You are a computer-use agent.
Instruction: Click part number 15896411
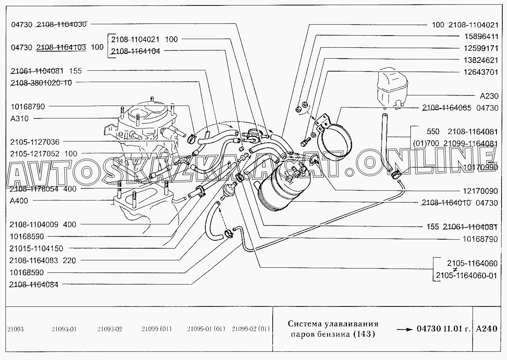click(x=481, y=36)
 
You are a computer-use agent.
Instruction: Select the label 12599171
click(x=481, y=48)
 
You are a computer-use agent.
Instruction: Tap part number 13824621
click(x=481, y=60)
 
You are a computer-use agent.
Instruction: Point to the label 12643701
click(x=481, y=72)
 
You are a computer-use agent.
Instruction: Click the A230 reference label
click(x=489, y=96)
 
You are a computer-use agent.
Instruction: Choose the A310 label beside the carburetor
click(x=20, y=118)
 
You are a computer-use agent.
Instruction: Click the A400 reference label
click(x=19, y=201)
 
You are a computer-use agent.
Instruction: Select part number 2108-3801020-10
click(x=41, y=83)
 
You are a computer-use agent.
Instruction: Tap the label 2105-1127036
click(x=35, y=142)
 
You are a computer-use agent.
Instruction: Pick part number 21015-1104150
click(x=36, y=249)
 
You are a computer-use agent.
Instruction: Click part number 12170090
click(x=480, y=191)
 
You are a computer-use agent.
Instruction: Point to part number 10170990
click(x=480, y=167)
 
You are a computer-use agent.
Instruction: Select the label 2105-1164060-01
click(x=466, y=276)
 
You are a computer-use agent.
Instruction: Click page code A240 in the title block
click(x=487, y=329)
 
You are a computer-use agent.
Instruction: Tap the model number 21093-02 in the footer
click(x=110, y=329)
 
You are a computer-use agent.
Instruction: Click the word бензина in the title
click(x=333, y=334)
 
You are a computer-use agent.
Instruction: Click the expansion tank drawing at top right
click(x=392, y=88)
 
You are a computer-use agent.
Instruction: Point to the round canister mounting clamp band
click(x=335, y=142)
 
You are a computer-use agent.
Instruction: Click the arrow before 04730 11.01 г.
click(x=405, y=330)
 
